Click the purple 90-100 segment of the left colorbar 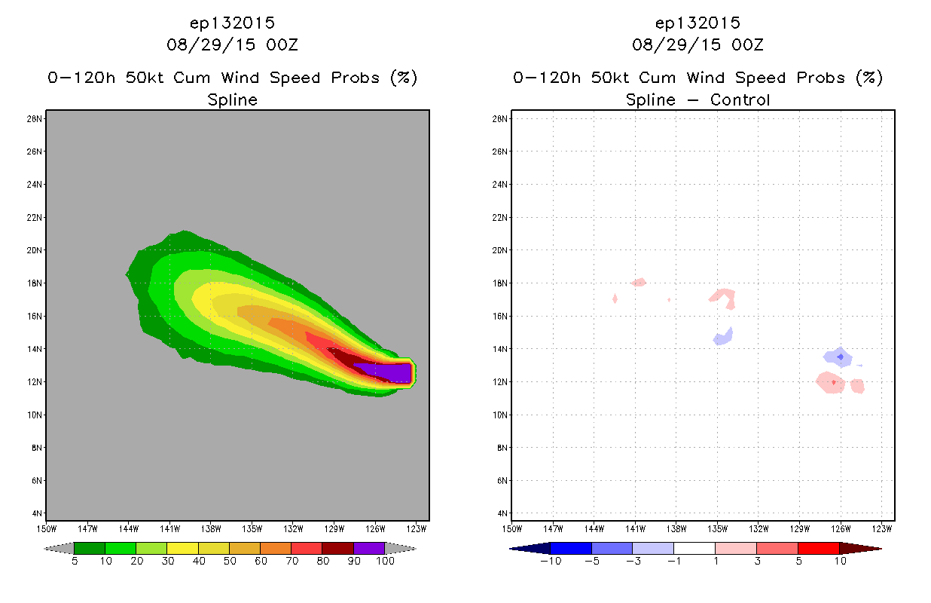[x=369, y=548]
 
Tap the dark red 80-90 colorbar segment [x=338, y=548]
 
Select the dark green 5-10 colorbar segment [x=90, y=548]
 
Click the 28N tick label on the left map [x=34, y=119]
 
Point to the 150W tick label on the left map [x=46, y=529]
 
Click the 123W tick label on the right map [x=881, y=529]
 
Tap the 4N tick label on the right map [x=502, y=513]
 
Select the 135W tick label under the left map [x=252, y=529]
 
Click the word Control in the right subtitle [x=740, y=99]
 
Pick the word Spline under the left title [x=232, y=100]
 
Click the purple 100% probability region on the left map [x=386, y=372]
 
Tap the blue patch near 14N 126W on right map [x=838, y=357]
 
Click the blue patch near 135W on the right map [x=723, y=336]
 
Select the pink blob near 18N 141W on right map [x=639, y=283]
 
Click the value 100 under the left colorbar [x=385, y=561]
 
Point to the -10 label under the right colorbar [x=551, y=561]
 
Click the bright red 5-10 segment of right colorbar [x=819, y=548]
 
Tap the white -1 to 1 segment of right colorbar [x=694, y=548]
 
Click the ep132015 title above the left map [x=232, y=23]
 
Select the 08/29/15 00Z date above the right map [x=697, y=44]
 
